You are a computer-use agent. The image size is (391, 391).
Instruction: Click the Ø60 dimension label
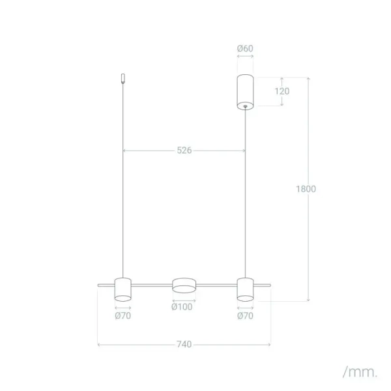245,49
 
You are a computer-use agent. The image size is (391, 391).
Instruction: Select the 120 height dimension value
282,91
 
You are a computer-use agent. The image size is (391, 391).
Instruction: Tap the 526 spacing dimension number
184,151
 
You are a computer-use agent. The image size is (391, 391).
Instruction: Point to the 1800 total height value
306,189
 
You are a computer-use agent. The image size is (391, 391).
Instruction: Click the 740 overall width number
184,344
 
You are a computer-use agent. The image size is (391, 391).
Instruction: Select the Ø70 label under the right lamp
245,316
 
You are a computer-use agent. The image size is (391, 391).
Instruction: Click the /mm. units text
360,372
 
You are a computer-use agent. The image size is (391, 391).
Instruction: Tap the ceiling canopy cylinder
245,91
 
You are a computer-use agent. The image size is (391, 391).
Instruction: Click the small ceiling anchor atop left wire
123,80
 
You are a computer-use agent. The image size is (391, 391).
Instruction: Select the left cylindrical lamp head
123,289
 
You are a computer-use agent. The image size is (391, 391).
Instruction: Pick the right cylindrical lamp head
245,289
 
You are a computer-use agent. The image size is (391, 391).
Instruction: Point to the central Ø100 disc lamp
184,286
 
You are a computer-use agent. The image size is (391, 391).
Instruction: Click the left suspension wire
123,182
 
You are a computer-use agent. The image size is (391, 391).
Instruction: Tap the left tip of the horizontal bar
98,285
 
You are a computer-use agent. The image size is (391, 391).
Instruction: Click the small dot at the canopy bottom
245,105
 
